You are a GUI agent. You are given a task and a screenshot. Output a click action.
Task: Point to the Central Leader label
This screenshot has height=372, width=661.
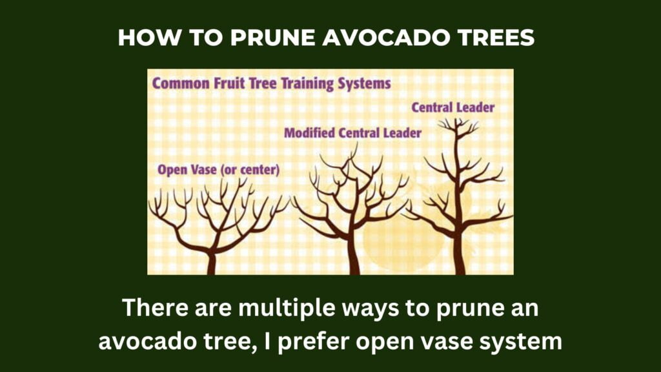click(453, 108)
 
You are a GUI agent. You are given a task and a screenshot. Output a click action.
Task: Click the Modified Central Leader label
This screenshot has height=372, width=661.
click(352, 133)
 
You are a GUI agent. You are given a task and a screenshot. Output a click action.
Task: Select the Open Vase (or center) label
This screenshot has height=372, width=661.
click(218, 170)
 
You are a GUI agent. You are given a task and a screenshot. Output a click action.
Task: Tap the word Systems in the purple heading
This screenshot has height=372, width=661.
click(364, 83)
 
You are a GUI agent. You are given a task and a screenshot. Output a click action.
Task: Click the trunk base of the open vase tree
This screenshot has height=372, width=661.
click(212, 265)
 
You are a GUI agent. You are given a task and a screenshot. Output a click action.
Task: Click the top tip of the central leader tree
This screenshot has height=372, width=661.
click(456, 119)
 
